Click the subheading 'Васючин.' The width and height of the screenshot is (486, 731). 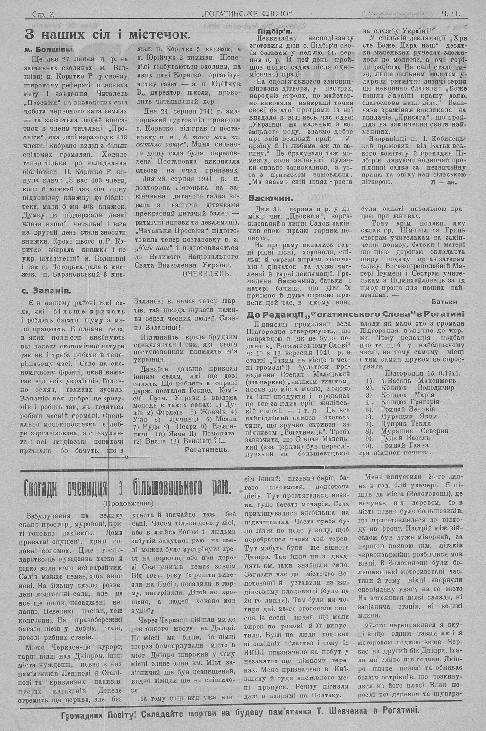tap(270, 198)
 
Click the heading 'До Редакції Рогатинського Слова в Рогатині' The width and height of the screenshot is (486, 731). tap(355, 314)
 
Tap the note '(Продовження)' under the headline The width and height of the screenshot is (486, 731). tap(127, 503)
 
